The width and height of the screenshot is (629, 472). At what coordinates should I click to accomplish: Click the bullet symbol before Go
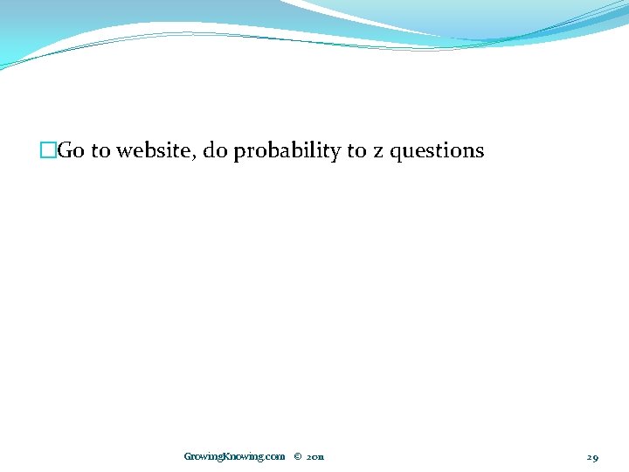point(47,151)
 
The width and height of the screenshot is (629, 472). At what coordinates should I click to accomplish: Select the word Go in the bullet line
point(71,151)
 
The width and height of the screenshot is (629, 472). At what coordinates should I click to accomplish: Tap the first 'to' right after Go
point(100,151)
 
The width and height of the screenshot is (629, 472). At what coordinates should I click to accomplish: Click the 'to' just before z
point(356,151)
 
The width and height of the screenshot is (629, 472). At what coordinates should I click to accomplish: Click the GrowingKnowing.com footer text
point(234,456)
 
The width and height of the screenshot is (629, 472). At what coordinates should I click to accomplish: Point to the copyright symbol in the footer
point(297,456)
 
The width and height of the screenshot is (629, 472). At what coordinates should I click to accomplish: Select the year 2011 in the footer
point(315,456)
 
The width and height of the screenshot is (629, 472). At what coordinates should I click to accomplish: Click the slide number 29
point(592,456)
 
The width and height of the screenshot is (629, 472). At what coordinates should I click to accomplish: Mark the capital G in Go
point(65,151)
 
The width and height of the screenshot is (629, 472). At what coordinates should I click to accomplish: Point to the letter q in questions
point(396,154)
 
